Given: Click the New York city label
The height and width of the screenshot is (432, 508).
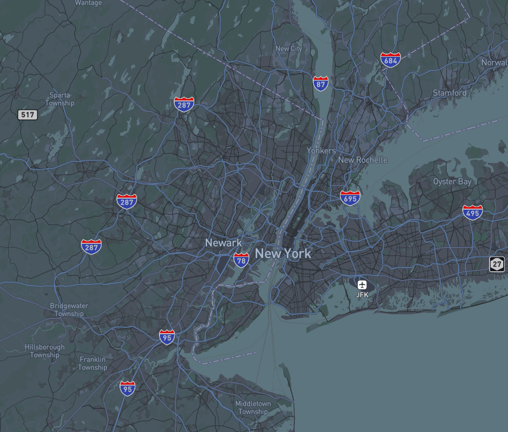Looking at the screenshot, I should tap(283, 253).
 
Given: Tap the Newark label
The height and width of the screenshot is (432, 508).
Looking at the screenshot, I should tap(223, 243).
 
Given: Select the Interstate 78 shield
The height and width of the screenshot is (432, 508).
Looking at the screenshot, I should tap(241, 260).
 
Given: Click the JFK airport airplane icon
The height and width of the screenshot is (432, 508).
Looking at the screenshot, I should tap(362, 285).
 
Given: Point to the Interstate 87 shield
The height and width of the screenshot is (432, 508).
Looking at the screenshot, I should tap(321, 83).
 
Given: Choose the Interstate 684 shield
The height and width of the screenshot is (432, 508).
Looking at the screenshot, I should tap(391, 60).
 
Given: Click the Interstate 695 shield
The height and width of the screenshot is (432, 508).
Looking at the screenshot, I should tap(350, 198).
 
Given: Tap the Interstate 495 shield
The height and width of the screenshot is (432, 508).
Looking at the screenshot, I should tap(473, 212).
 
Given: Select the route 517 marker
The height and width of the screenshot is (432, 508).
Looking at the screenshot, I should tap(27, 114).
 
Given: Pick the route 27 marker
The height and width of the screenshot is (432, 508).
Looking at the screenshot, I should tap(496, 264).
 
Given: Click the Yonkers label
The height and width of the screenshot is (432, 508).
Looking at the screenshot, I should tap(321, 151).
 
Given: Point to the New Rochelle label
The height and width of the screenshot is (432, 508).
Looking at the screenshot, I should tap(363, 160).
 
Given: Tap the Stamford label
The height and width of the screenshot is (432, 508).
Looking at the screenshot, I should tap(450, 93).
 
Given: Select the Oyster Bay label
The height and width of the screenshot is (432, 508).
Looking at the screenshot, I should tap(452, 181).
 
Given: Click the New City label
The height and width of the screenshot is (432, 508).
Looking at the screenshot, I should tap(289, 48).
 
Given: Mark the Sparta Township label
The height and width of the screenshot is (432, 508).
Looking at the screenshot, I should tap(59, 99).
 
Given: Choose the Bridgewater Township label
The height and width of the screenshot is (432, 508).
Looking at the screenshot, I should tap(69, 310).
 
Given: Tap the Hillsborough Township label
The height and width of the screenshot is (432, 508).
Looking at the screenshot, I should tap(45, 351).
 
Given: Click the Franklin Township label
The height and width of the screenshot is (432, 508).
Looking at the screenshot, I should tap(93, 363).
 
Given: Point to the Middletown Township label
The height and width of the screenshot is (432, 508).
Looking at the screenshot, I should tap(253, 407).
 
